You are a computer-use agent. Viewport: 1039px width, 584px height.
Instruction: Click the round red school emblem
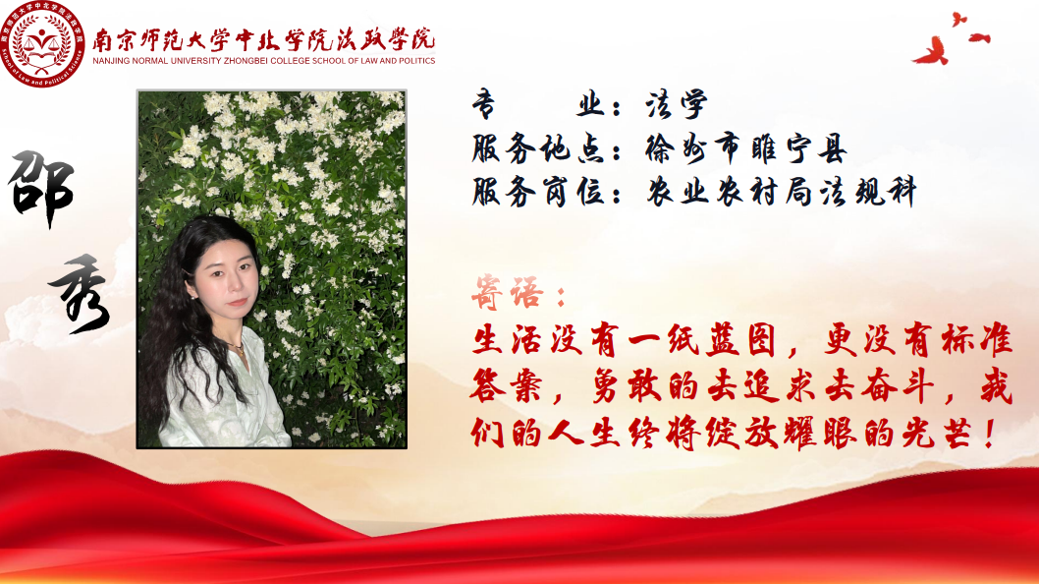[x=43, y=44]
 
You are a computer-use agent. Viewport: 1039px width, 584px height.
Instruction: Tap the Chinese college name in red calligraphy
[x=264, y=39]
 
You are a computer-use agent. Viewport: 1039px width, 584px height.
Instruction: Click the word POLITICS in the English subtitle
[x=416, y=61]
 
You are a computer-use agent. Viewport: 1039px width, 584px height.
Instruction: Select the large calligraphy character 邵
[x=41, y=189]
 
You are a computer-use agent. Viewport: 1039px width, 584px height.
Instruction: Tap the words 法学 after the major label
[x=677, y=105]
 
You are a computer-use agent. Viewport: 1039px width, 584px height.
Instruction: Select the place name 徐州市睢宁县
[x=746, y=148]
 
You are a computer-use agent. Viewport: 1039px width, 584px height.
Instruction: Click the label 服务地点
[x=537, y=148]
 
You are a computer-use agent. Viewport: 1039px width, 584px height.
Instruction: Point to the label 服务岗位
[x=537, y=192]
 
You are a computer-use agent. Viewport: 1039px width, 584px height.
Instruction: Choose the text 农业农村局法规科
[x=782, y=192]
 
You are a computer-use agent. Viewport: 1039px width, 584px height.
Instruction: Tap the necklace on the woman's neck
[x=236, y=345]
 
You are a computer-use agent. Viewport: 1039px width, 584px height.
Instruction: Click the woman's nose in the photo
[x=235, y=283]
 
